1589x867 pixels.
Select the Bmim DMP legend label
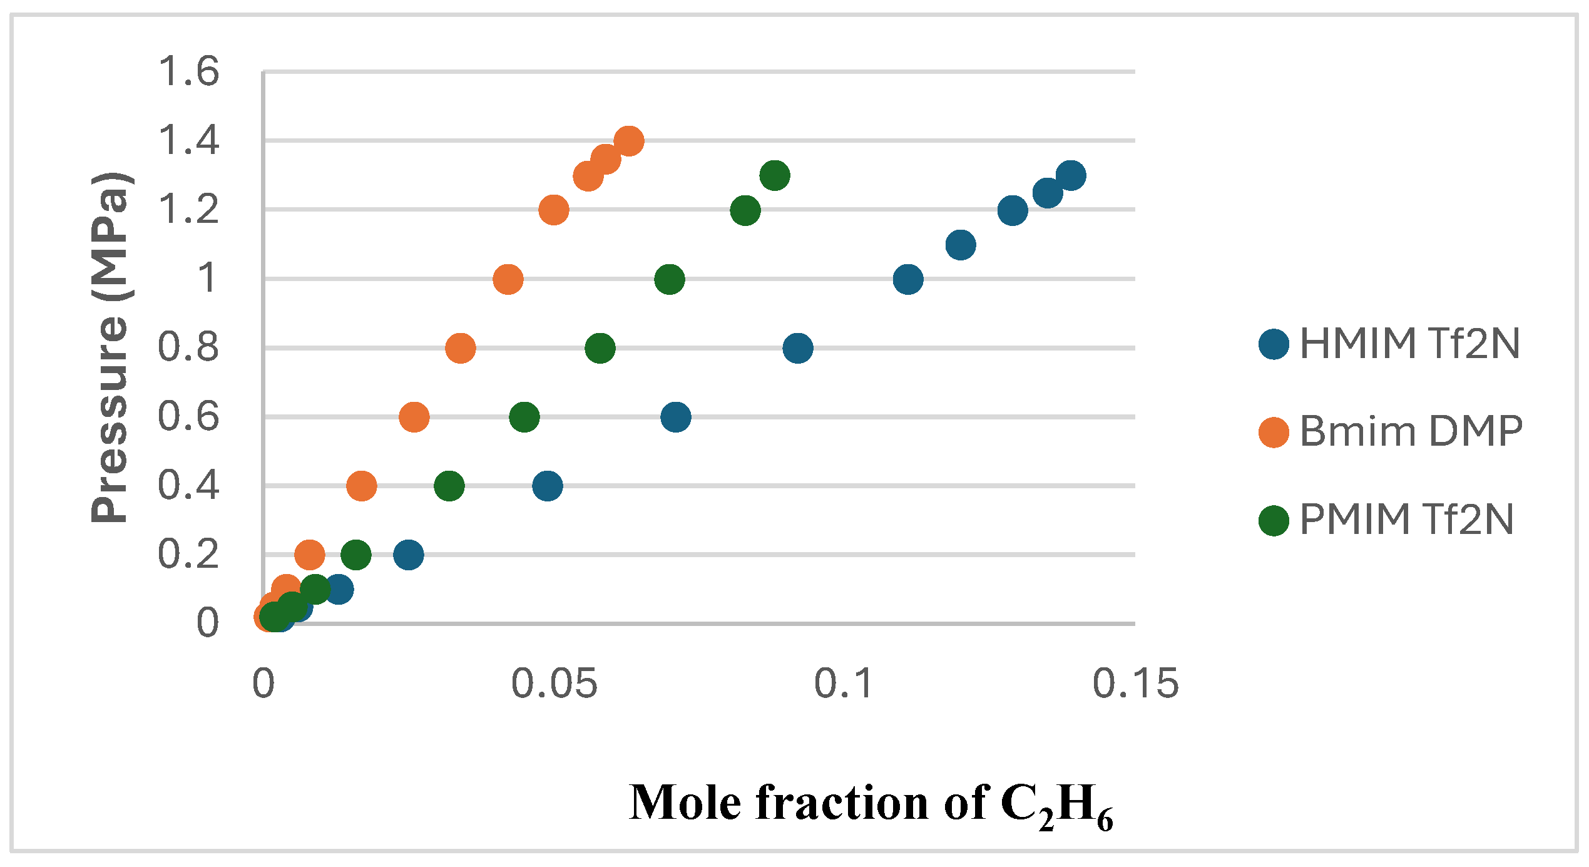coord(1411,431)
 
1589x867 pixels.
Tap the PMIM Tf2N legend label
coord(1406,520)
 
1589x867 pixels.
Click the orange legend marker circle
coord(1274,433)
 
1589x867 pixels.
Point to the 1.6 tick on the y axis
coord(188,71)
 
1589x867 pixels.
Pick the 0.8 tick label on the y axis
coord(188,347)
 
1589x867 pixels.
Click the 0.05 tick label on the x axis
coord(554,683)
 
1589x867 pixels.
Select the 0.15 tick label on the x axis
coord(1135,683)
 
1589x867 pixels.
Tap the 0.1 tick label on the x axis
coord(844,683)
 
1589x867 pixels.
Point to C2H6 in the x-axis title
coord(1056,805)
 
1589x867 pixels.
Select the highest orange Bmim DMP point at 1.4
coord(629,141)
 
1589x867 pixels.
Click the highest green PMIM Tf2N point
coord(774,175)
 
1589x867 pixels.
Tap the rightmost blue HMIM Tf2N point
coord(1071,175)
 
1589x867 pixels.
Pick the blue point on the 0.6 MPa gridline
coord(675,417)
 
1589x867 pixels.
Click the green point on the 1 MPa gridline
coord(670,279)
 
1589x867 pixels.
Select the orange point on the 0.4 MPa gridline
coord(361,486)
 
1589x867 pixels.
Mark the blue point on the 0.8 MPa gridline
coord(797,348)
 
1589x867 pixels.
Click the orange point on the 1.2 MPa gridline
coord(553,210)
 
